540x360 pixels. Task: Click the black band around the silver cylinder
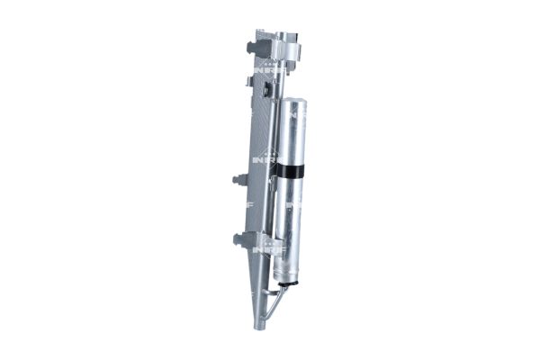[294, 169]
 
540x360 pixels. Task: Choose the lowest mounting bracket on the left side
[241, 238]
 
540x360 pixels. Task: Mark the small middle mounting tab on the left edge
[238, 179]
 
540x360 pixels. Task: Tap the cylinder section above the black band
[296, 135]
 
